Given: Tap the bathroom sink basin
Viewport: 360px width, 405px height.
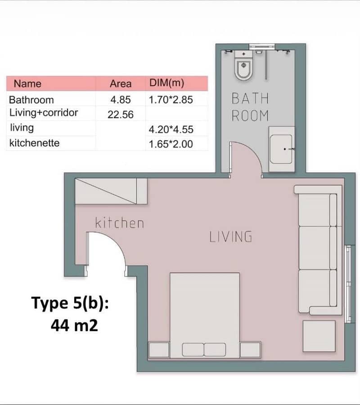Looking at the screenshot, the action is [281, 149].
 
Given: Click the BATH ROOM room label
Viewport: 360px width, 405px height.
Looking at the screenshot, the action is [250, 107].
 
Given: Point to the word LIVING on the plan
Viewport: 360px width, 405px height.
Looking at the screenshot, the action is [231, 237].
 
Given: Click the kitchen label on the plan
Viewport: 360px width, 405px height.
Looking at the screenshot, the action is [120, 223].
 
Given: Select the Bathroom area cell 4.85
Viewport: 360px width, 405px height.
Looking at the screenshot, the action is [121, 100].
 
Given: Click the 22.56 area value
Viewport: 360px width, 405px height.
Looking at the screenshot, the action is [121, 115].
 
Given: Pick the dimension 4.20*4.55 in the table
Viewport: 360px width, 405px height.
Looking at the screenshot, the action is [171, 129].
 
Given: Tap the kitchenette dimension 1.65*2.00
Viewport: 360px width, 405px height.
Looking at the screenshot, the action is [171, 144].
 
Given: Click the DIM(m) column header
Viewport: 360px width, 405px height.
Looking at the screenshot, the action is [167, 83].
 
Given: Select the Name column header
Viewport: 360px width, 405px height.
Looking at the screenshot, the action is [27, 84].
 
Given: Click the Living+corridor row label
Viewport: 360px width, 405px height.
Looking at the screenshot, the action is [44, 113].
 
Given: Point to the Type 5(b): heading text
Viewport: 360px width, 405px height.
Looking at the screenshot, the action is [70, 303].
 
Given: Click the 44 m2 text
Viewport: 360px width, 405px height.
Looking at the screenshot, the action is [74, 325].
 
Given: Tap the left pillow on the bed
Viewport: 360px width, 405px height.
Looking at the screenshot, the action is [193, 349].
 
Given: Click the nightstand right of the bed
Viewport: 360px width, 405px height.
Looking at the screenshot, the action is [250, 350].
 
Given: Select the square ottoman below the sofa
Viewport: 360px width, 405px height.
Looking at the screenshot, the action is [319, 336].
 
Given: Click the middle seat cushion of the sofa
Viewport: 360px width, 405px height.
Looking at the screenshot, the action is [314, 248].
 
